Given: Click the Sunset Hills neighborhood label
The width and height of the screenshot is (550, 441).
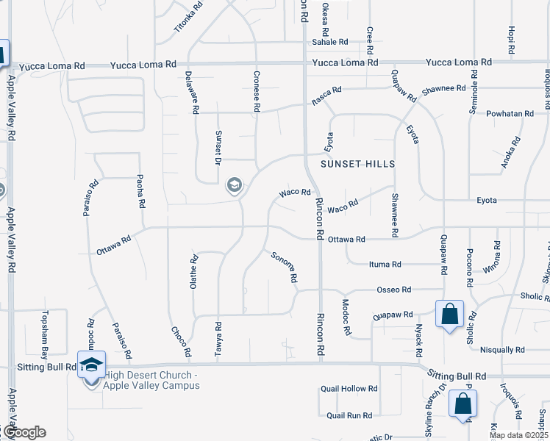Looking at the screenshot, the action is (357, 163).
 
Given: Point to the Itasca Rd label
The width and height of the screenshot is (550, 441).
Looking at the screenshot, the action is (326, 95).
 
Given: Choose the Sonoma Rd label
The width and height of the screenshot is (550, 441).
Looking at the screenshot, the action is (284, 268).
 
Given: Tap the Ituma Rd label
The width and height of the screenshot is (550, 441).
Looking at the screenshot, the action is (385, 264).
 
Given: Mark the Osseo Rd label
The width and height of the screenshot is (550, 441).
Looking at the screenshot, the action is (394, 290).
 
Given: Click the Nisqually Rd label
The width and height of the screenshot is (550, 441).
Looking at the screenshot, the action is (501, 350).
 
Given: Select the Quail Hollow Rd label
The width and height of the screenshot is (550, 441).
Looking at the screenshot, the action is (349, 389).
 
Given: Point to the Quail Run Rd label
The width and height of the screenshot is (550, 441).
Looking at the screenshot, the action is (349, 415).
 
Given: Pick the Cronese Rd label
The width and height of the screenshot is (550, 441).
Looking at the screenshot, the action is (257, 90).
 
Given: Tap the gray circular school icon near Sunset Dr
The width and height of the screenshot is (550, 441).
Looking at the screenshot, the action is (235, 185).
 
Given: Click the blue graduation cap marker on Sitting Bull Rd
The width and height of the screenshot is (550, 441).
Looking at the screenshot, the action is (92, 365).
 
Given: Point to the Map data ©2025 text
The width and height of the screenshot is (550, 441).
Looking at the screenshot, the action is (518, 435).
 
